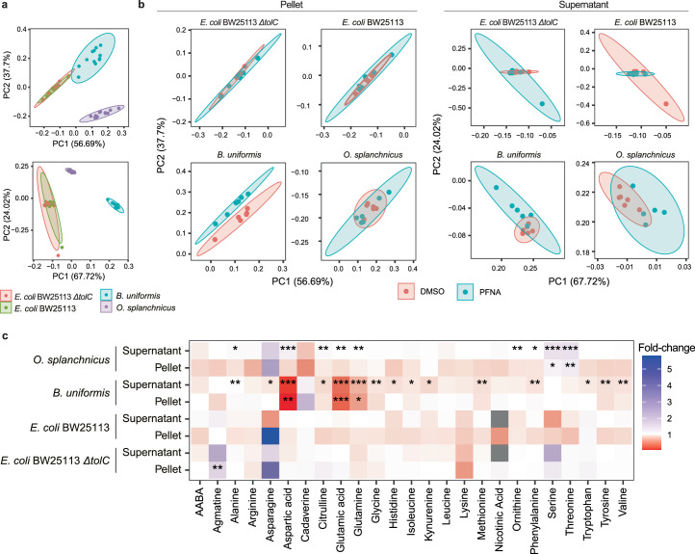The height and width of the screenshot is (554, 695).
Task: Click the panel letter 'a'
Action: coord(6,6)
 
